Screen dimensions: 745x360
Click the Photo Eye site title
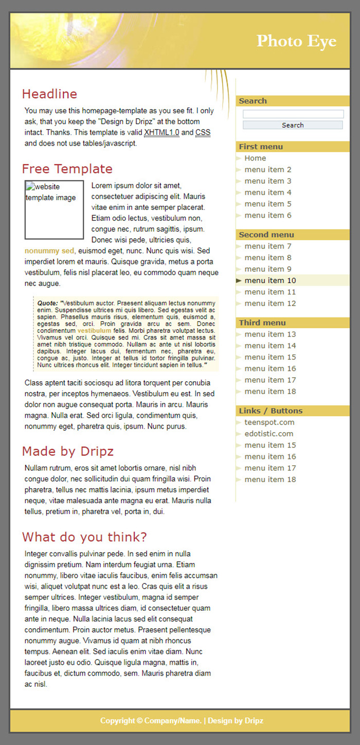click(x=296, y=41)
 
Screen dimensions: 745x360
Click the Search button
click(x=293, y=125)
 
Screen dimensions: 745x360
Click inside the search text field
click(x=293, y=114)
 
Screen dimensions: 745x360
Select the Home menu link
click(x=255, y=158)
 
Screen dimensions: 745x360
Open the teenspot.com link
click(x=269, y=422)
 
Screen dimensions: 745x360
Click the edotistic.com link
click(x=268, y=434)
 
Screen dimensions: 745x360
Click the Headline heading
click(x=49, y=94)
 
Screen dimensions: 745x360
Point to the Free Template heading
click(x=67, y=169)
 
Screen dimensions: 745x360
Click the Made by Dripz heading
click(x=67, y=451)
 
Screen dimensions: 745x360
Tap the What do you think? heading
click(x=84, y=537)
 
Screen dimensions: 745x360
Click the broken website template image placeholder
click(x=54, y=209)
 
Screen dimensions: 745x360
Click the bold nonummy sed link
click(x=49, y=251)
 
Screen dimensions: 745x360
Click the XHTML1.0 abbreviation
click(x=161, y=133)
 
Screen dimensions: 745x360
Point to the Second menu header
click(x=266, y=235)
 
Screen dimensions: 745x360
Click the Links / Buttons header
click(x=271, y=411)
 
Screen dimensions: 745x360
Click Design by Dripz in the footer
click(x=236, y=721)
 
